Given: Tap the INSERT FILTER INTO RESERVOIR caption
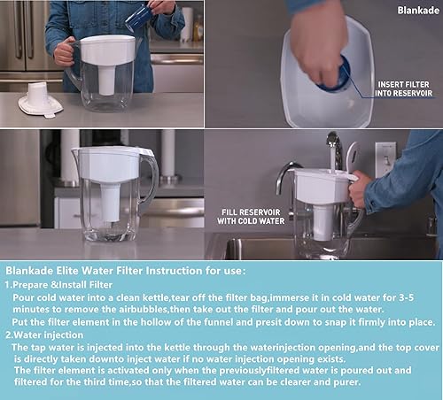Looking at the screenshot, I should tap(403, 88).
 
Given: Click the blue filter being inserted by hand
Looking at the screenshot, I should tap(335, 76).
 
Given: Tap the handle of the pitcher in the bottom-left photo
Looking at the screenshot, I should tap(148, 177).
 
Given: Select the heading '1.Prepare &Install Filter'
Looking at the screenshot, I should tap(62, 285).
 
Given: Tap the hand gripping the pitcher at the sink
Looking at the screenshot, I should tap(359, 187).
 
